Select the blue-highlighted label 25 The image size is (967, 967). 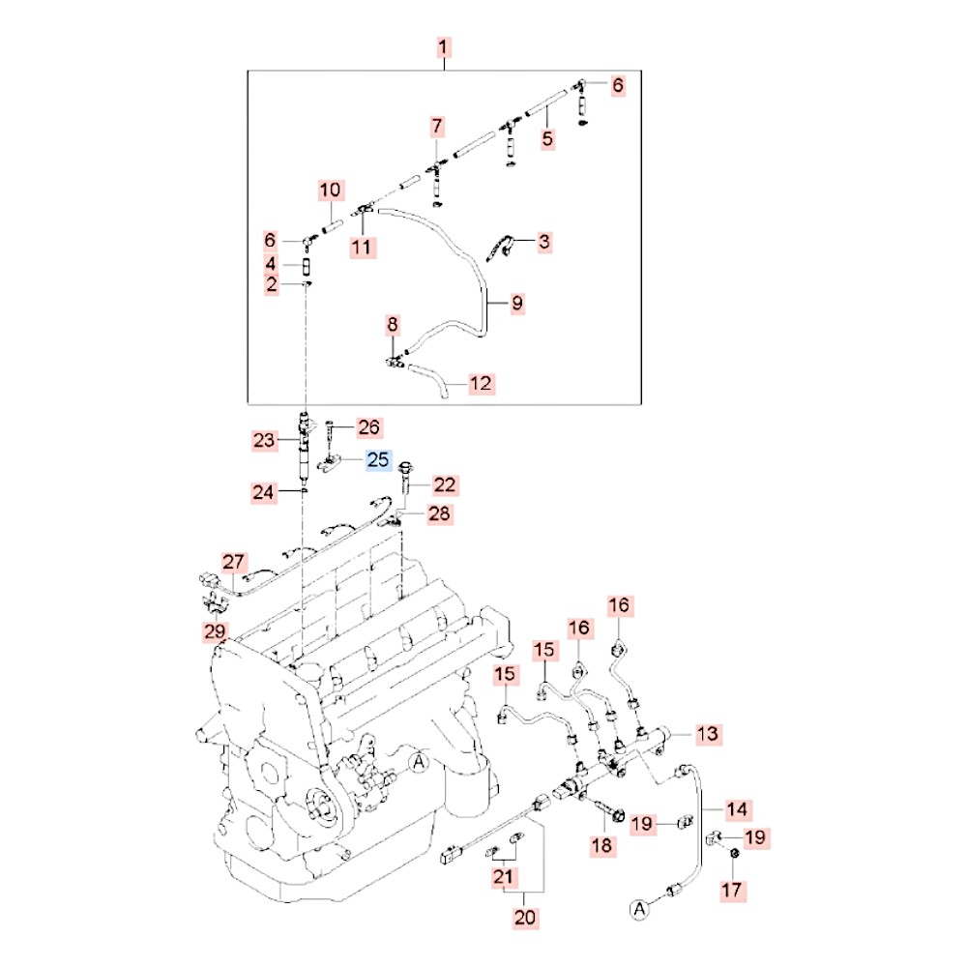coord(379,460)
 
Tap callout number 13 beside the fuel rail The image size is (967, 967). coord(708,734)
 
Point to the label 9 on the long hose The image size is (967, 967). coord(517,303)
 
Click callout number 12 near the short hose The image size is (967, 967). coord(481,384)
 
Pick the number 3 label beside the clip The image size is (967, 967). coord(544,241)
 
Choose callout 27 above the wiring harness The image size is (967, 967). coord(235,562)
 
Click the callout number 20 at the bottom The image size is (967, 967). coord(524,918)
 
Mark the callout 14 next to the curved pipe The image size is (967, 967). coord(737,807)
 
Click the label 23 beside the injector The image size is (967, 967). coord(265,441)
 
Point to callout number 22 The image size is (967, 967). coord(445,484)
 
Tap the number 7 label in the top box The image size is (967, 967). coord(437,126)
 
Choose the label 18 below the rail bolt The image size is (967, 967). coord(601,846)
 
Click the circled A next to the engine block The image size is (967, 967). coord(419,762)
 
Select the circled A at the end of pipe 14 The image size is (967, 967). coord(638,908)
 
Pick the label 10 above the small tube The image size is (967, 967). coord(330,190)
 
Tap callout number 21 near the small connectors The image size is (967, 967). coord(502,877)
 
